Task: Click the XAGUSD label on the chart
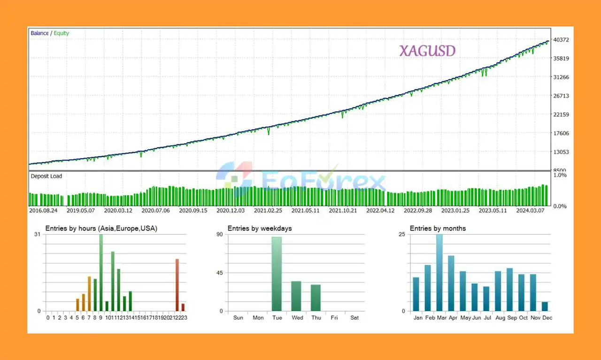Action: [x=427, y=51]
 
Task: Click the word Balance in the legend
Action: [x=39, y=33]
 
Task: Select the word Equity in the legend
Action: [x=62, y=33]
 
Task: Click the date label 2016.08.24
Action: [x=43, y=211]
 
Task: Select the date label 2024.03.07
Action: [x=531, y=211]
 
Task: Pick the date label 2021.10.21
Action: [x=343, y=211]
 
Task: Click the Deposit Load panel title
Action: [x=46, y=176]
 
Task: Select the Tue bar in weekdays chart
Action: [x=277, y=274]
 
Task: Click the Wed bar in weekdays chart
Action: [x=296, y=296]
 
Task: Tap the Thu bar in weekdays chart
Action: [x=316, y=298]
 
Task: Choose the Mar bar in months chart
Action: [x=439, y=273]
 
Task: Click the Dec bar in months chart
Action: [x=545, y=306]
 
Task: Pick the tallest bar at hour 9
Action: [x=100, y=273]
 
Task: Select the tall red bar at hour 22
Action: [x=177, y=285]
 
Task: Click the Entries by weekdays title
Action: [x=260, y=229]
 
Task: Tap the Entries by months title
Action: [x=438, y=229]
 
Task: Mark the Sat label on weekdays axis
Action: [x=354, y=318]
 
